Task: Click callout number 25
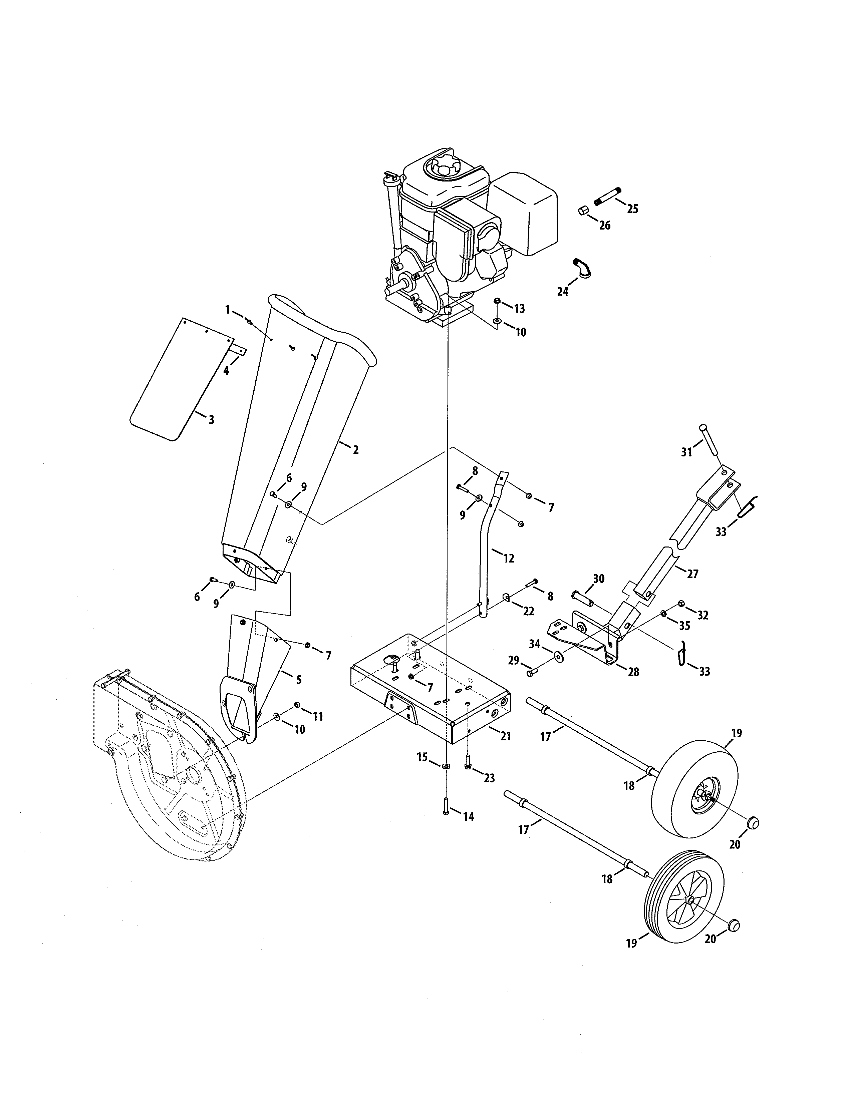(633, 209)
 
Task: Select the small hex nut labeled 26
(583, 210)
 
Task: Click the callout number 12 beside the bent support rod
(508, 558)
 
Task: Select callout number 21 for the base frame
(506, 737)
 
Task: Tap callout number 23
(489, 778)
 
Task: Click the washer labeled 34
(558, 656)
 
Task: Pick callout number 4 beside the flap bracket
(226, 371)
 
